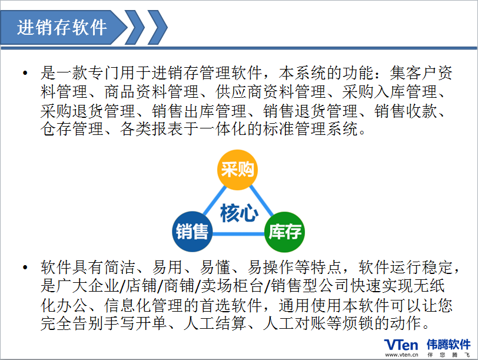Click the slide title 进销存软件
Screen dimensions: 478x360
tap(62, 28)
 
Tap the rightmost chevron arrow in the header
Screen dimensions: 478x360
tap(158, 28)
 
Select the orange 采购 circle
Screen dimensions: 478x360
tap(237, 170)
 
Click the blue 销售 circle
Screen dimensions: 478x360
tap(192, 232)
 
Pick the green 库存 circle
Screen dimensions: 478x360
tap(284, 232)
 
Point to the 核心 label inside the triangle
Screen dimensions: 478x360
tap(239, 213)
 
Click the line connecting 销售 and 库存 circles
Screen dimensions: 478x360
tap(238, 234)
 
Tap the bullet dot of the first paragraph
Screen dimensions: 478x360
tap(25, 73)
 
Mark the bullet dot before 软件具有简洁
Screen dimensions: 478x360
tap(25, 267)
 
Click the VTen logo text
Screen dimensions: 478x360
tap(401, 345)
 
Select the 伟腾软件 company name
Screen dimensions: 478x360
tap(449, 345)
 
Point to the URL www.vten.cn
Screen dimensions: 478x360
tap(401, 355)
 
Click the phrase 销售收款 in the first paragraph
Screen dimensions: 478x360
tap(406, 111)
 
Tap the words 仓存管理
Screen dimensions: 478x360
tap(72, 129)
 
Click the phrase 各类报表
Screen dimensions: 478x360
tap(152, 129)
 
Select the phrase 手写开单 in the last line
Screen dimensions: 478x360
tap(135, 323)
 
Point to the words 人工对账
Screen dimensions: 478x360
tap(294, 323)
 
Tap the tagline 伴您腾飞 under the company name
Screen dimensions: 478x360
tap(449, 355)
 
